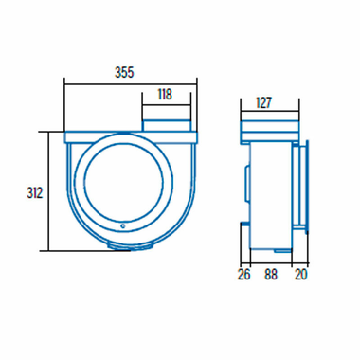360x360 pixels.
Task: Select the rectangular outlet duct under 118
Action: point(168,126)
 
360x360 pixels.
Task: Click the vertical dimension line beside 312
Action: point(47,193)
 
